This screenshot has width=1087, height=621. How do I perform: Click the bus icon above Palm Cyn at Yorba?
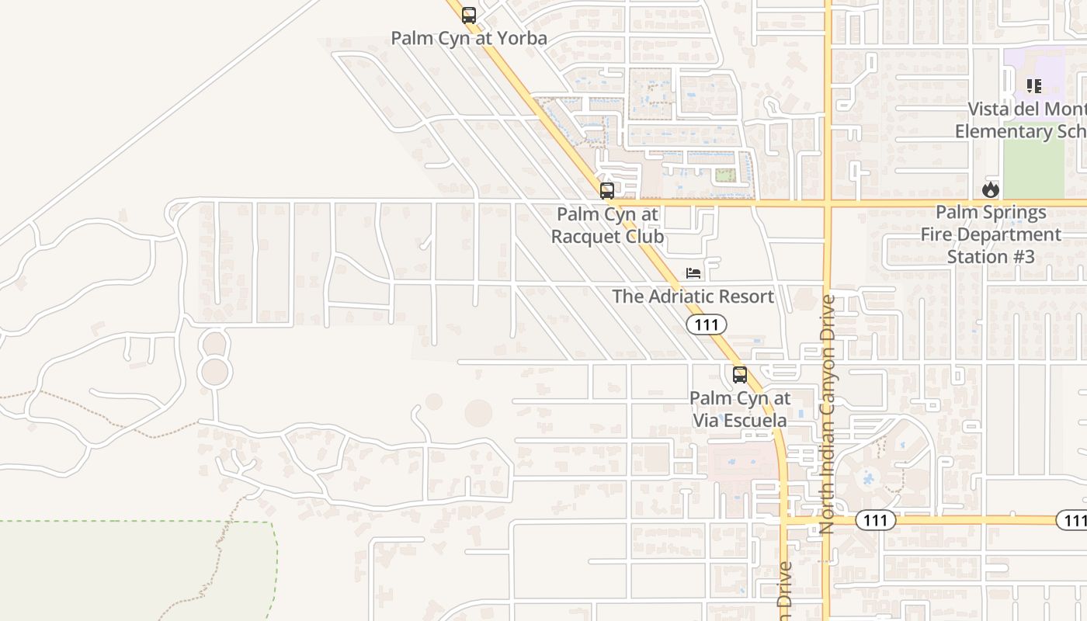(x=468, y=15)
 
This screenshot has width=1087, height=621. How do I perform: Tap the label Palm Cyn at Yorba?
(x=468, y=38)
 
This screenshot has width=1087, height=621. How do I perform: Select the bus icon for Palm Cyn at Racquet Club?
(x=607, y=190)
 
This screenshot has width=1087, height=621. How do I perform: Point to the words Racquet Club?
(x=607, y=236)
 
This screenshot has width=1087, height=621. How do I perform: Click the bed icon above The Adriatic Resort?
(x=693, y=273)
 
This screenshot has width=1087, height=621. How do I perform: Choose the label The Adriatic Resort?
(x=693, y=297)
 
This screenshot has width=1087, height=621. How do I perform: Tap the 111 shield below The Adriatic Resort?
(x=706, y=324)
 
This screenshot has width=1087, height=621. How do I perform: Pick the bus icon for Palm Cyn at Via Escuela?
(x=740, y=375)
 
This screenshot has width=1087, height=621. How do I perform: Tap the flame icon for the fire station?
(x=990, y=189)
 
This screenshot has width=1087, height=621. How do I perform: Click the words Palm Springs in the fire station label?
(x=991, y=212)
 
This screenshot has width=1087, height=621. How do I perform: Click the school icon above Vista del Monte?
(x=1033, y=85)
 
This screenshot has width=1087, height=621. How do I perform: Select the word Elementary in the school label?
(x=1002, y=131)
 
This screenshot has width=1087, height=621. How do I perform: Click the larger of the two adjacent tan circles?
(x=478, y=413)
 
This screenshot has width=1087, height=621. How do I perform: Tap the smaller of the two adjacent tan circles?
(x=433, y=402)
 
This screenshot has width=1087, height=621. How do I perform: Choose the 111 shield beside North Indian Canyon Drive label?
(x=875, y=521)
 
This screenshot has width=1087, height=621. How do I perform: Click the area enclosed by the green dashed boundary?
(x=132, y=571)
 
